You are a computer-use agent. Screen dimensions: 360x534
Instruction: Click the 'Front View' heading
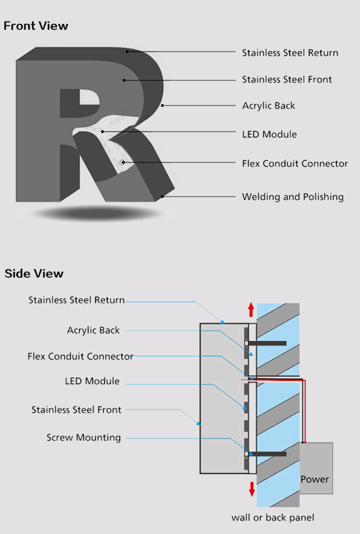(36, 26)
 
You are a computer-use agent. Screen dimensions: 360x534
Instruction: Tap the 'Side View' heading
(34, 273)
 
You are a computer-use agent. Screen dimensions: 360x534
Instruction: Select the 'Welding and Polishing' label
(293, 197)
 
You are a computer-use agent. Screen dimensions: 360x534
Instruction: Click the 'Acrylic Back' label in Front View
(268, 106)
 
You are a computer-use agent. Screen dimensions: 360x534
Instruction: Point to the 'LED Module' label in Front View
(269, 134)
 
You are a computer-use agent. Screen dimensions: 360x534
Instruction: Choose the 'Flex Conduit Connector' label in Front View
(295, 164)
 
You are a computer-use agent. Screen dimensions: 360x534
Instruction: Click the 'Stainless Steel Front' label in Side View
(76, 410)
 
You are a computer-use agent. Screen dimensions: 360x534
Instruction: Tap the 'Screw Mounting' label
(83, 437)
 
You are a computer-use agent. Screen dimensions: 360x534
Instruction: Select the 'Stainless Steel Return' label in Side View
(77, 300)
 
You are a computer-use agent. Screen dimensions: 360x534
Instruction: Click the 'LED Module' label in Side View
(93, 381)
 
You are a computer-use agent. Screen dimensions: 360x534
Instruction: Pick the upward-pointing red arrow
(251, 309)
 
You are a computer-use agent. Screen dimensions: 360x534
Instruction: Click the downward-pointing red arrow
(252, 489)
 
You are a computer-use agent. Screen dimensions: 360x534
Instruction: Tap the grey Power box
(316, 468)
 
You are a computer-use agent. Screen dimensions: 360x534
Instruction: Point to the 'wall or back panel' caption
(273, 518)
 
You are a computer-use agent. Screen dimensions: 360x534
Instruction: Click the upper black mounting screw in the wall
(267, 343)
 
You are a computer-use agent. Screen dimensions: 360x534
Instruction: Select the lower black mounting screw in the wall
(267, 454)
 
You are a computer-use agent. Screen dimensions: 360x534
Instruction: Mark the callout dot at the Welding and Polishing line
(163, 196)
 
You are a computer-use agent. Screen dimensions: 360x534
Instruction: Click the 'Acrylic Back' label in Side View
(93, 330)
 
